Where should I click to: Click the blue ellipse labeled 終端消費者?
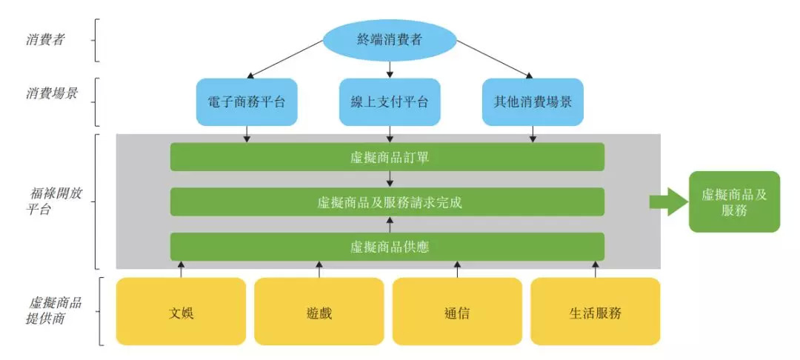pyautogui.click(x=390, y=40)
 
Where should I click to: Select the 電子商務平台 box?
pyautogui.click(x=247, y=101)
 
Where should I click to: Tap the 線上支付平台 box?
pyautogui.click(x=390, y=101)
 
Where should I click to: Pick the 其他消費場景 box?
pyautogui.click(x=533, y=101)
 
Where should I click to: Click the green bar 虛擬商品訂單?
pyautogui.click(x=387, y=157)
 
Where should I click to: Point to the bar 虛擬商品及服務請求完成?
pyautogui.click(x=387, y=201)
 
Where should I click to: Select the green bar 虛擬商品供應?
pyautogui.click(x=387, y=247)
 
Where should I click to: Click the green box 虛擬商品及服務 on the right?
pyautogui.click(x=734, y=201)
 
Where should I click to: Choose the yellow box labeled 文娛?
pyautogui.click(x=181, y=312)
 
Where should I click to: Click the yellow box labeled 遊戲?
pyautogui.click(x=319, y=312)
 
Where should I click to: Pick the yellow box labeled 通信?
pyautogui.click(x=457, y=312)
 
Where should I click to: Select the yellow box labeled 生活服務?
pyautogui.click(x=595, y=312)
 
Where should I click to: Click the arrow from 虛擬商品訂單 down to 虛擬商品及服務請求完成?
pyautogui.click(x=390, y=179)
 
